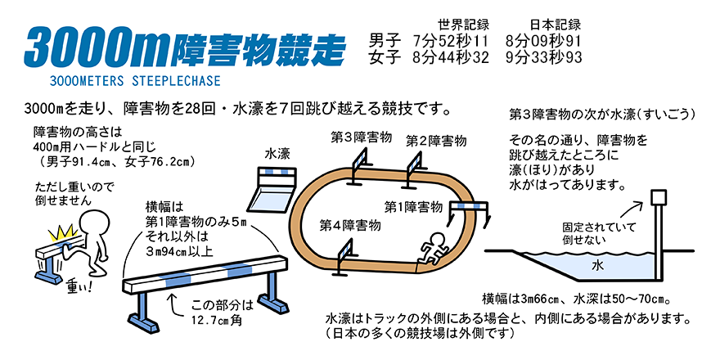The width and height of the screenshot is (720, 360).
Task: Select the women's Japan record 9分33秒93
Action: (x=543, y=57)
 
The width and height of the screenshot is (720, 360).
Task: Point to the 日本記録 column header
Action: (x=556, y=24)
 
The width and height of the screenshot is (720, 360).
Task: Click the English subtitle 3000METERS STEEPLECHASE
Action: (x=135, y=81)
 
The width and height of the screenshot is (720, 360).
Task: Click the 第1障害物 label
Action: (x=414, y=207)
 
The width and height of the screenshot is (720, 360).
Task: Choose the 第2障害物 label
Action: (x=436, y=141)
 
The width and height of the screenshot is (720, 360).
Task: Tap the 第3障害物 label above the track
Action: (x=361, y=137)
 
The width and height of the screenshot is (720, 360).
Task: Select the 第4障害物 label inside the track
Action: (x=350, y=225)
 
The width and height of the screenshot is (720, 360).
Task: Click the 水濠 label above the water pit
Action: (x=277, y=154)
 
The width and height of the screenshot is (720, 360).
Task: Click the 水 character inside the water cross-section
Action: (x=597, y=265)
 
